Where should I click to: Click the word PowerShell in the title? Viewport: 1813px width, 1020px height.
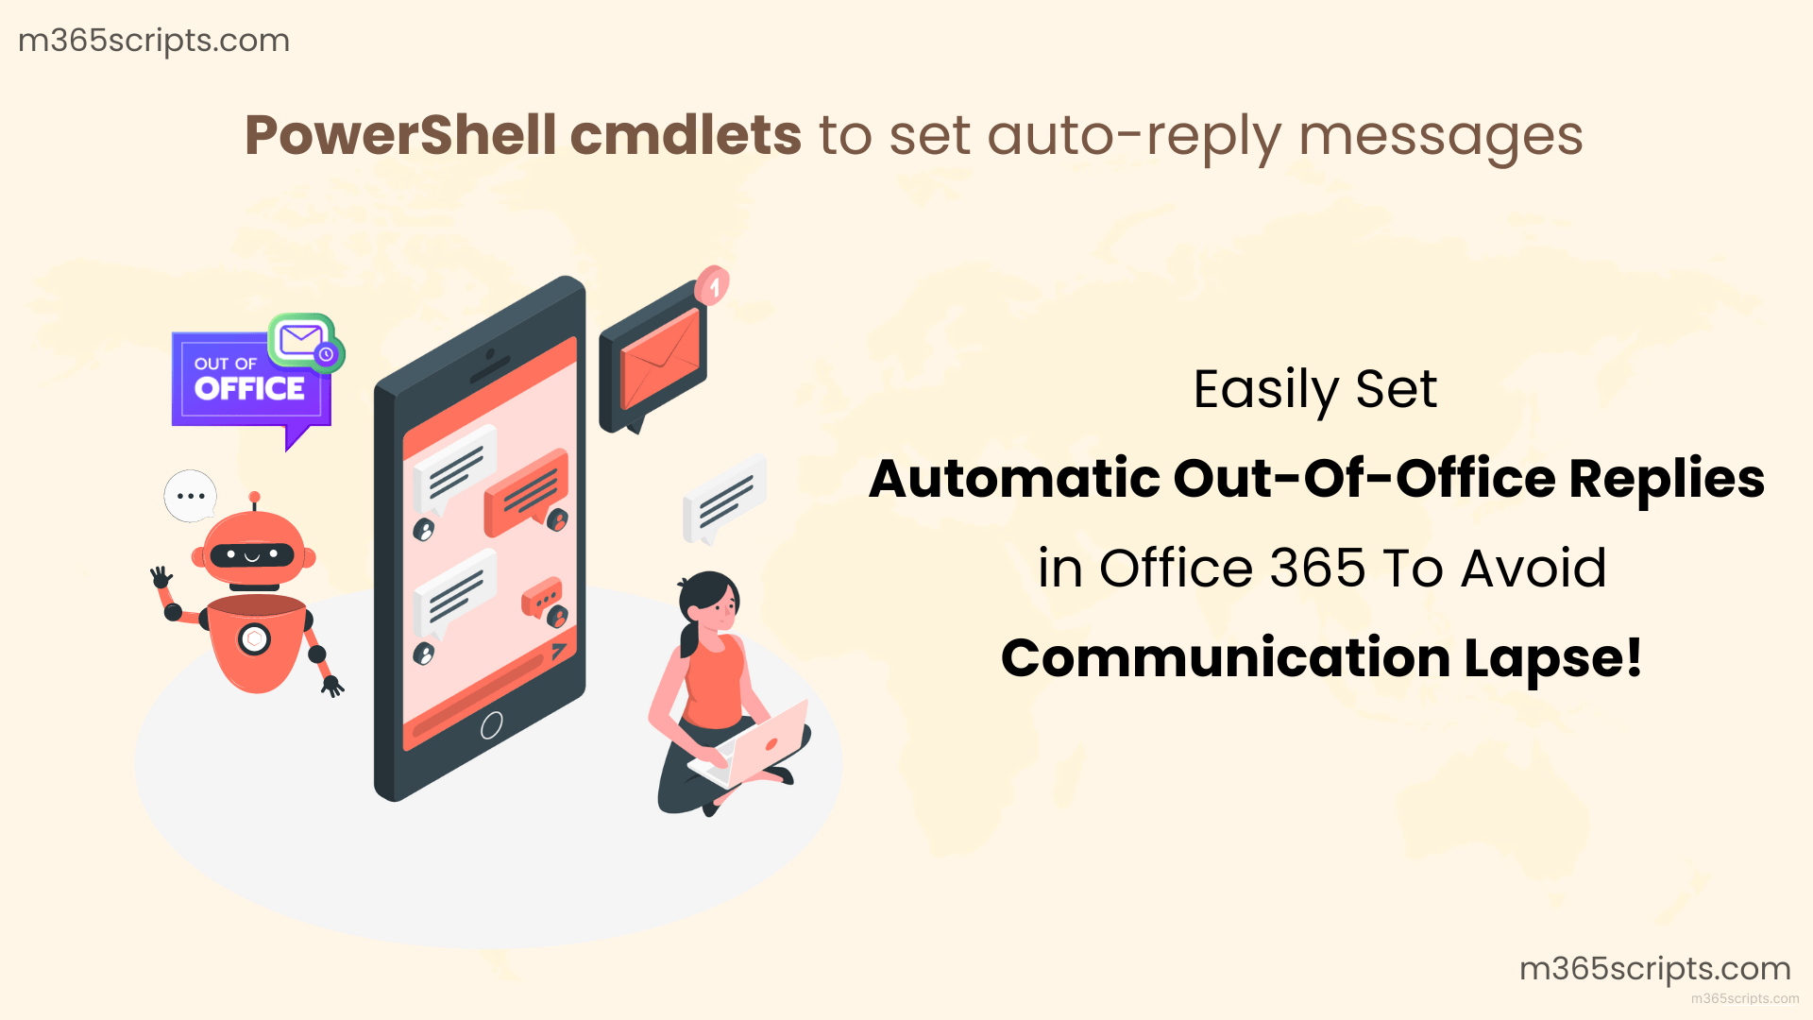[x=400, y=135]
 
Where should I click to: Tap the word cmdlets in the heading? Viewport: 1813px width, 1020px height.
[x=686, y=135]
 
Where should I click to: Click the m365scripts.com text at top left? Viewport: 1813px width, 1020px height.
[x=154, y=41]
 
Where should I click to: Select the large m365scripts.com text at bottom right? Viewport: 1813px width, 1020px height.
[x=1654, y=968]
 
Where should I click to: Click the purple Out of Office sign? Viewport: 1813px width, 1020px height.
[x=247, y=382]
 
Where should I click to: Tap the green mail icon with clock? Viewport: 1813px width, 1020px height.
[x=304, y=341]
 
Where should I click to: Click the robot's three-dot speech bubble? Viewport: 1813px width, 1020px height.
[x=190, y=496]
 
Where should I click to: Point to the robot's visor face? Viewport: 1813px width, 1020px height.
[x=251, y=554]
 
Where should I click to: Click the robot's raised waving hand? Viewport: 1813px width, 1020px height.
[x=161, y=575]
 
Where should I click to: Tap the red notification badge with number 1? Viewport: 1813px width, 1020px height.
[x=713, y=285]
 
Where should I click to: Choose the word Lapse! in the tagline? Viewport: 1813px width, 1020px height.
[x=1553, y=658]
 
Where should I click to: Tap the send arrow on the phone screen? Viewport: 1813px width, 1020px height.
[x=559, y=651]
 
